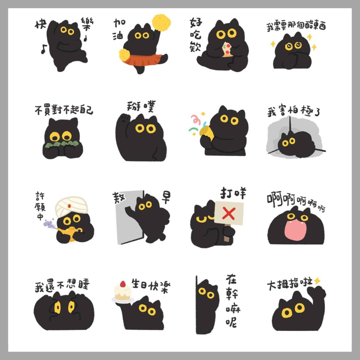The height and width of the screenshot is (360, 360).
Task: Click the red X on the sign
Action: tap(229, 213)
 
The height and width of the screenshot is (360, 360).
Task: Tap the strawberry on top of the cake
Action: tap(123, 284)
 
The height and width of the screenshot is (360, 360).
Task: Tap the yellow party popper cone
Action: tap(206, 133)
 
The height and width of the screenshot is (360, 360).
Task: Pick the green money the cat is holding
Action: tap(62, 144)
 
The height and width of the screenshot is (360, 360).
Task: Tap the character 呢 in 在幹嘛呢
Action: tap(231, 322)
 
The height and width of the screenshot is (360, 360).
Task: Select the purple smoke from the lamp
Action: tap(49, 224)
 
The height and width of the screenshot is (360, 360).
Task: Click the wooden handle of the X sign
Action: tap(227, 233)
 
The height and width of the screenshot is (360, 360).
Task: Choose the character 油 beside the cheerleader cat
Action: tap(118, 35)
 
